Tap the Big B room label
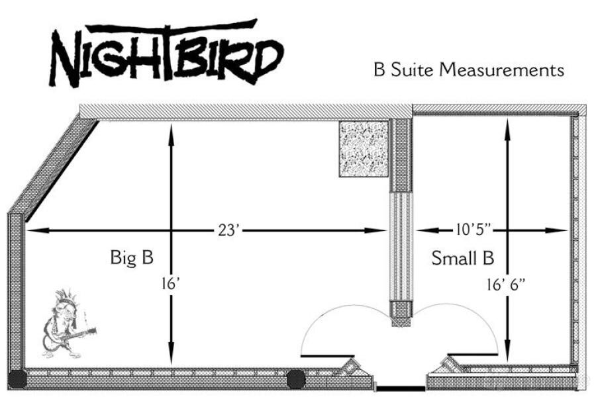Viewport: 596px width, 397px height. (x=132, y=257)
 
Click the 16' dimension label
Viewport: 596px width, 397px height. (x=171, y=284)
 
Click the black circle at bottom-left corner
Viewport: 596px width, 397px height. (x=18, y=379)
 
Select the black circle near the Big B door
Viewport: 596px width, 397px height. (x=295, y=379)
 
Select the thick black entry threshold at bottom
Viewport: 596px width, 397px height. (x=400, y=388)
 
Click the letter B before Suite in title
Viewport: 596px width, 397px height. (x=379, y=69)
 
